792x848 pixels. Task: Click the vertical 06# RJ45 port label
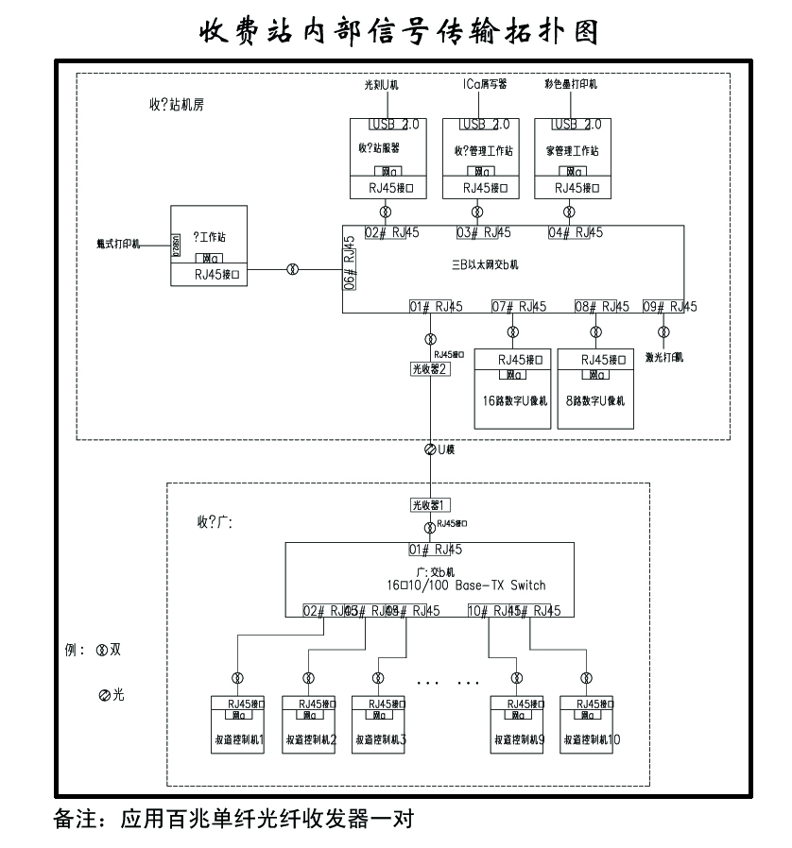[x=349, y=268]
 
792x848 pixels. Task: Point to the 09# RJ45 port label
[x=670, y=306]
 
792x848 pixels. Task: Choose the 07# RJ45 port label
[x=519, y=306]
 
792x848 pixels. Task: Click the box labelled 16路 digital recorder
[x=511, y=389]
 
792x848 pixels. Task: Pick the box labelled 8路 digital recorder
[x=594, y=389]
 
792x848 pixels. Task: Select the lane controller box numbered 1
[x=237, y=724]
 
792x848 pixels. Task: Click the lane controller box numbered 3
[x=379, y=724]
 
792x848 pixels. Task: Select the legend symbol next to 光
[x=104, y=695]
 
